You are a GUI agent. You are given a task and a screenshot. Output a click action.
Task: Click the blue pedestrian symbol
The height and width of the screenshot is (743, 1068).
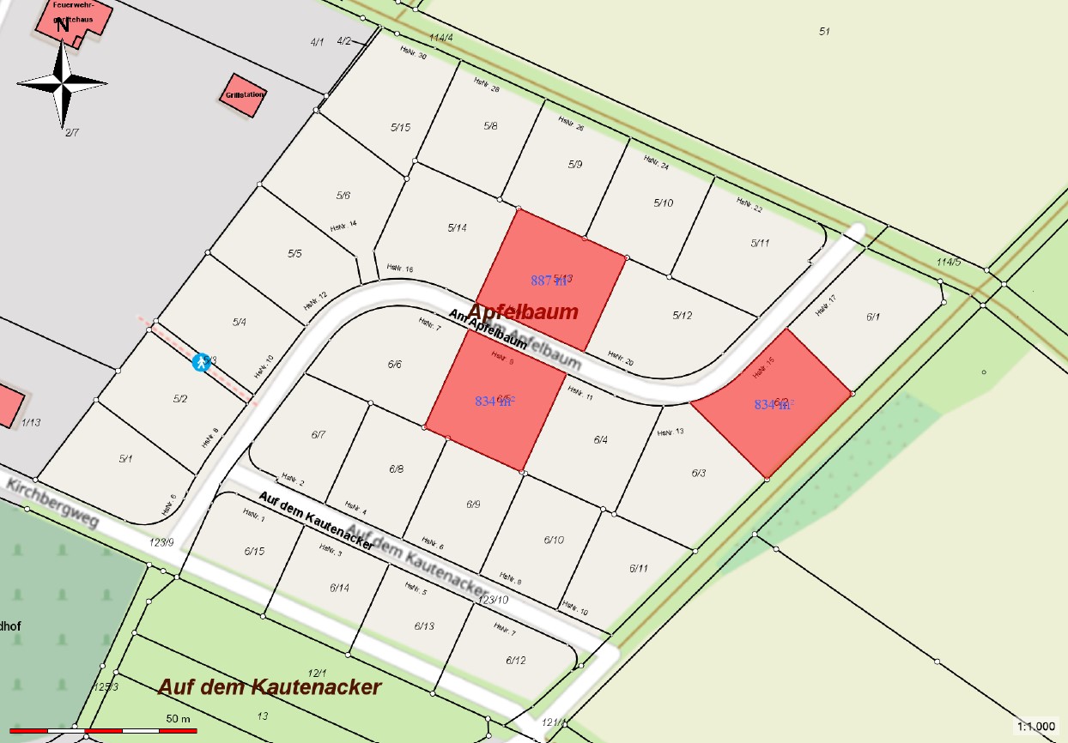point(201,362)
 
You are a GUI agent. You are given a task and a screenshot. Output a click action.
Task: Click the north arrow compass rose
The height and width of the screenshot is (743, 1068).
point(63,82)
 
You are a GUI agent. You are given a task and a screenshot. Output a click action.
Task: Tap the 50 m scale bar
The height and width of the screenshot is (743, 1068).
point(103,730)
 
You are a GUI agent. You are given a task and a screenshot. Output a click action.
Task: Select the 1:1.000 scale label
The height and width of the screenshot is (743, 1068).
point(1035,727)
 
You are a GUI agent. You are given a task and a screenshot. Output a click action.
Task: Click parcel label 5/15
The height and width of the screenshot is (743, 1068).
point(400,128)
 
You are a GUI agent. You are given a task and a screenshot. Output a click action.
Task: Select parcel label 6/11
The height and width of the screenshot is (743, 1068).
point(638,568)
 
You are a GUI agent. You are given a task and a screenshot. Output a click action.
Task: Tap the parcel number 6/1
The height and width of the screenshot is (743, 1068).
point(873,317)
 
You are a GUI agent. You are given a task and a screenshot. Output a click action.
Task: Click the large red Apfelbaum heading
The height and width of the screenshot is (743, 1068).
point(523,311)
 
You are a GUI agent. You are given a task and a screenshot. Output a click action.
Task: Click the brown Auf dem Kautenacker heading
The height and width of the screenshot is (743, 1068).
point(270,687)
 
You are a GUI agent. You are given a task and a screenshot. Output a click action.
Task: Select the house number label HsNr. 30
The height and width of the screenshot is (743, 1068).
point(413,52)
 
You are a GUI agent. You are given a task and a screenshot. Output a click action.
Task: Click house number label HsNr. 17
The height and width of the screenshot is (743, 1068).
point(825,305)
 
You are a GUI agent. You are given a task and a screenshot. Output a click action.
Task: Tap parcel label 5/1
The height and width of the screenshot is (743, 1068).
point(126,459)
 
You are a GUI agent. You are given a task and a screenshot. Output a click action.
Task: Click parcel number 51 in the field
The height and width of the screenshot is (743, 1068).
point(824,32)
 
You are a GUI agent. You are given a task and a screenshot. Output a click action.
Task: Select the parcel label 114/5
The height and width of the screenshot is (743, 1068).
point(948,262)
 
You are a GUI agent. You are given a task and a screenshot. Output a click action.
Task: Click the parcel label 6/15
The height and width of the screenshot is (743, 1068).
point(254,551)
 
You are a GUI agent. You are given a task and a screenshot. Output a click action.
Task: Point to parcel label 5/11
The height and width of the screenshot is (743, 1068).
point(760,243)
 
